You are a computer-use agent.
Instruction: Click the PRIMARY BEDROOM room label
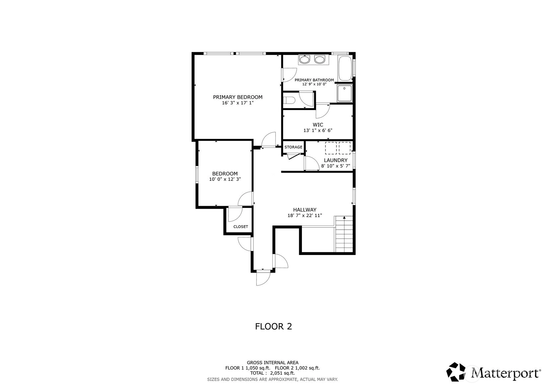(x=237, y=97)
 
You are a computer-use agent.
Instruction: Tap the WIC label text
(x=318, y=125)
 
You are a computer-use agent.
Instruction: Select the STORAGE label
(x=293, y=147)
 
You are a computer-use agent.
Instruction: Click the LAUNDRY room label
(x=335, y=160)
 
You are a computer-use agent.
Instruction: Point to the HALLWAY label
(x=305, y=209)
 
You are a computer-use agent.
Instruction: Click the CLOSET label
(x=240, y=227)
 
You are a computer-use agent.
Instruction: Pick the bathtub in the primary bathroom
(x=345, y=68)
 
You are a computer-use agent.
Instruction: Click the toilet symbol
(x=289, y=100)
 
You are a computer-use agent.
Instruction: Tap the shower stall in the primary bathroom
(x=344, y=93)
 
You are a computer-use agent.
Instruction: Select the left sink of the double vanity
(x=304, y=60)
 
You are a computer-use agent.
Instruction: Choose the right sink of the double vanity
(x=319, y=60)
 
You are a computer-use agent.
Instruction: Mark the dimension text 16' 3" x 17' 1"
(x=237, y=103)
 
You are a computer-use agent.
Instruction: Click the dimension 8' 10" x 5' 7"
(x=335, y=166)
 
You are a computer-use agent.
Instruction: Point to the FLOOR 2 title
(x=274, y=326)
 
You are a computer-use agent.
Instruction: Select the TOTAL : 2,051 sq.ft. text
(x=273, y=373)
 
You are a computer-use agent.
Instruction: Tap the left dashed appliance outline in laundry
(x=331, y=148)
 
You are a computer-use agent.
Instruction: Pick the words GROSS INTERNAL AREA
(x=273, y=363)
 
